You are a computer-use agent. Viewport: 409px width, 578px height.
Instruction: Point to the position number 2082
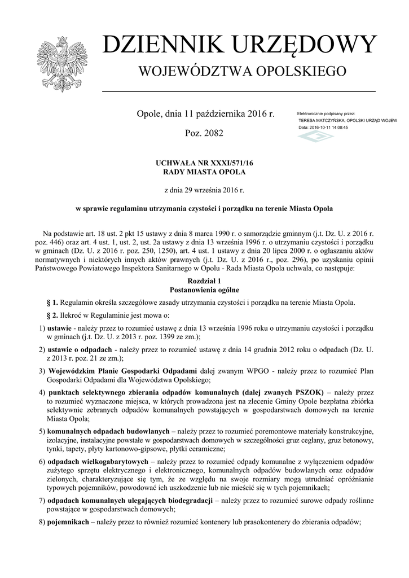click(212, 133)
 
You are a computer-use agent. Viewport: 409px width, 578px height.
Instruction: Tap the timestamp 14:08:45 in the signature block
click(337, 128)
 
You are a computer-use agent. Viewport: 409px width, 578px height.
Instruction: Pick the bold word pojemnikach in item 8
click(68, 522)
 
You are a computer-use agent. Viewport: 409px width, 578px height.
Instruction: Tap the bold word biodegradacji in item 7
click(187, 501)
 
